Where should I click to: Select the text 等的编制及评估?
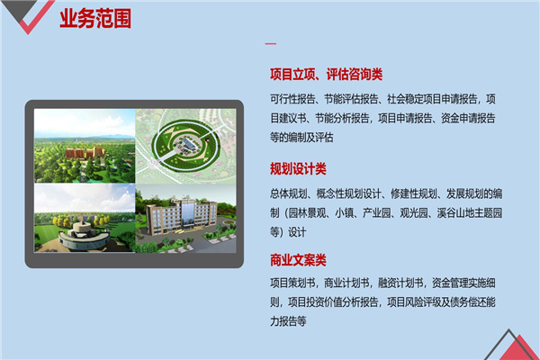coord(301,137)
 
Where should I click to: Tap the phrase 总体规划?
coord(288,193)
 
